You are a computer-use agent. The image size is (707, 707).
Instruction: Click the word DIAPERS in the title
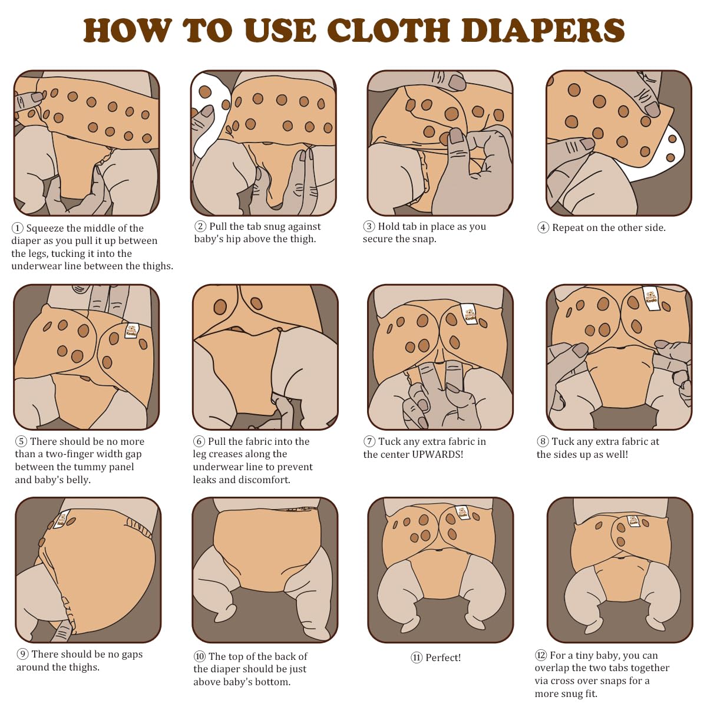pyautogui.click(x=543, y=31)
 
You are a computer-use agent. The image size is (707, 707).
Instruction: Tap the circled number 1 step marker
pyautogui.click(x=18, y=229)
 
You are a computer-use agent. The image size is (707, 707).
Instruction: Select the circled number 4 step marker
pyautogui.click(x=543, y=228)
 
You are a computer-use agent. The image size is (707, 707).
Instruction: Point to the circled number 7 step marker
pyautogui.click(x=369, y=442)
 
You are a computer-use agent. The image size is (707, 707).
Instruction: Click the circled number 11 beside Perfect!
pyautogui.click(x=417, y=658)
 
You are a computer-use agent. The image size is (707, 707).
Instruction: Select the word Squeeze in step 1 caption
pyautogui.click(x=45, y=229)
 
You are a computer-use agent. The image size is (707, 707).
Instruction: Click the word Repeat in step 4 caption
pyautogui.click(x=568, y=228)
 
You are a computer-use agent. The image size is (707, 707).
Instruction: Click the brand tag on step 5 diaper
pyautogui.click(x=131, y=331)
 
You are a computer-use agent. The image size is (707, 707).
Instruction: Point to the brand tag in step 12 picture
pyautogui.click(x=633, y=521)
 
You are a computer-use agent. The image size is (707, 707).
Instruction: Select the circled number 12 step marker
pyautogui.click(x=541, y=656)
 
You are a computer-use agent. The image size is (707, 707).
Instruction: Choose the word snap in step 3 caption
pyautogui.click(x=424, y=239)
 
